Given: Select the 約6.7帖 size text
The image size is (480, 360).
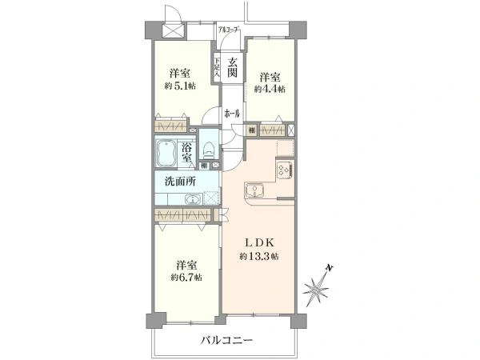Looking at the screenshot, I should tap(186, 277).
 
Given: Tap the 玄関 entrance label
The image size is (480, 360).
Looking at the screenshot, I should tap(232, 68).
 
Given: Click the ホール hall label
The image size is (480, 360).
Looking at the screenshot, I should tap(233, 114).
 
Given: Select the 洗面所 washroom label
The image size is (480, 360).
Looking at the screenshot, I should tap(180, 181).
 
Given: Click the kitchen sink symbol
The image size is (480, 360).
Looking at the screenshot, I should tap(255, 190).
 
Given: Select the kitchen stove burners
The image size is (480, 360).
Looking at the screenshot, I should tap(284, 169).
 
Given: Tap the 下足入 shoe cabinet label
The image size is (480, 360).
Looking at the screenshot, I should tap(216, 67).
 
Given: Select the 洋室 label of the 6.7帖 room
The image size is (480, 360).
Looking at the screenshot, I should tap(186, 264).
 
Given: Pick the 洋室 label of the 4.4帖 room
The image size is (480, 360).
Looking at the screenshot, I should tap(270, 78).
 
